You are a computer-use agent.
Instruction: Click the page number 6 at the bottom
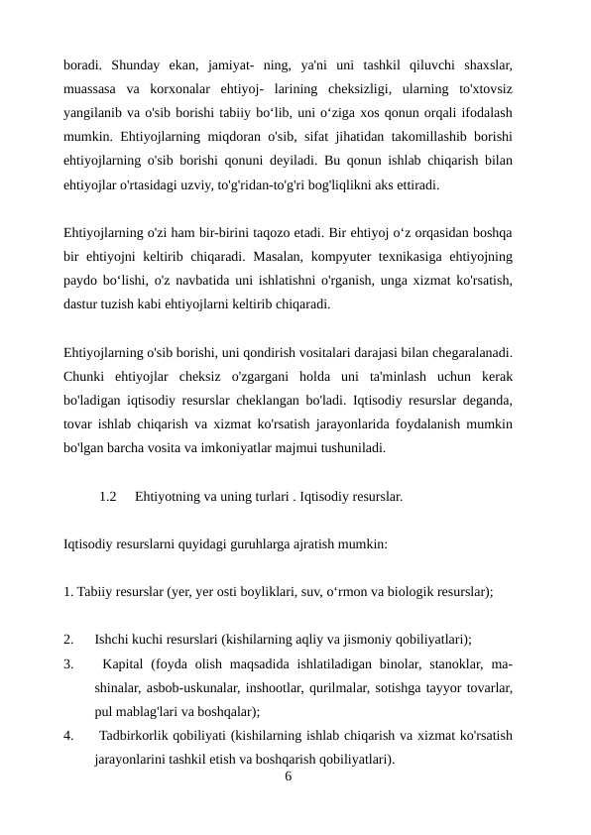point(288,776)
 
